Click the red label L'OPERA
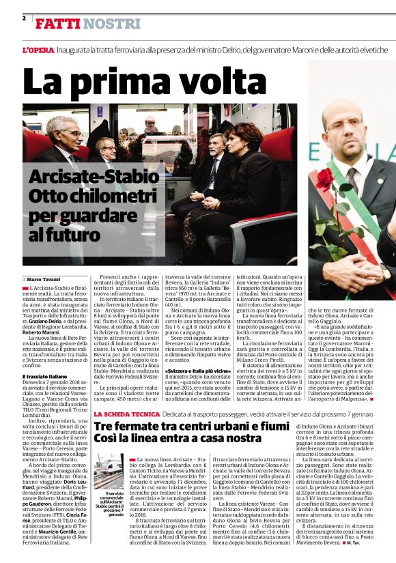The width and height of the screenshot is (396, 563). tap(36, 51)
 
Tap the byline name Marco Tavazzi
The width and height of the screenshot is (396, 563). tap(43, 280)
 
